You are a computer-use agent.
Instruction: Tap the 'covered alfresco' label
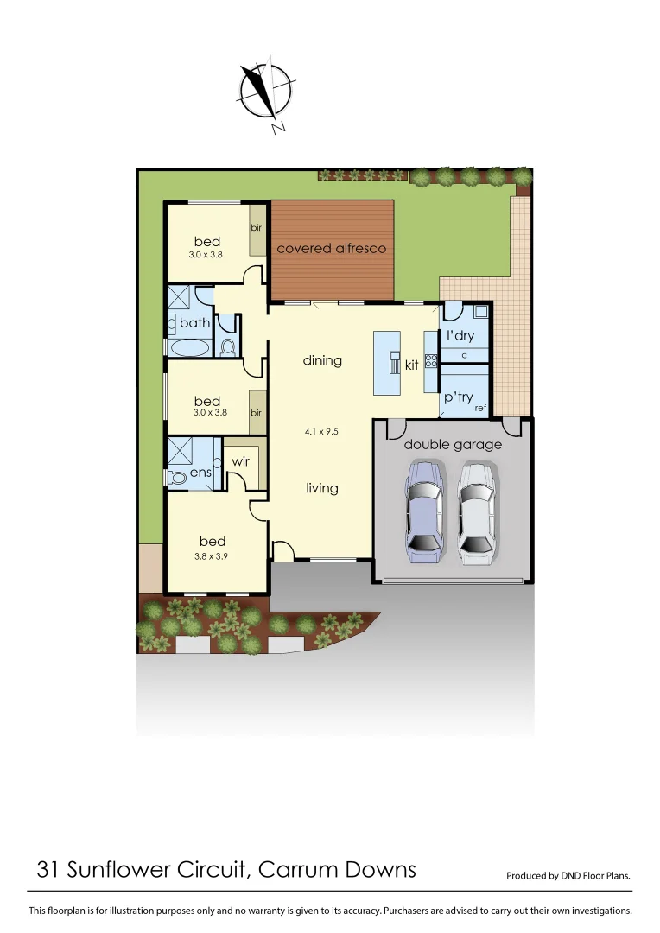(x=331, y=249)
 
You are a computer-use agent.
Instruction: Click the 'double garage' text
(x=453, y=445)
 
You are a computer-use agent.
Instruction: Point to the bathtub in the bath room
(x=188, y=348)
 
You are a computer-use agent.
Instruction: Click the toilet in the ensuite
(x=178, y=478)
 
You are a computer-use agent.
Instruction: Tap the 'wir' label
(x=240, y=462)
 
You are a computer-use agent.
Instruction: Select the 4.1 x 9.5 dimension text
(x=321, y=430)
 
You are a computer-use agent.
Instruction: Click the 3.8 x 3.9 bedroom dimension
(x=212, y=557)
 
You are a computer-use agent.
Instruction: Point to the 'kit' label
(x=412, y=365)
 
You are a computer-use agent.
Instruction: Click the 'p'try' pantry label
(x=459, y=397)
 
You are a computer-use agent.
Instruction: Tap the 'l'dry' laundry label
(x=460, y=335)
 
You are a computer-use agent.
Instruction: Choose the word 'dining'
(x=322, y=360)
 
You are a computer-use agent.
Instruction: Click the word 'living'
(x=321, y=488)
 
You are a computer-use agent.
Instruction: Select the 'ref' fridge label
(x=480, y=407)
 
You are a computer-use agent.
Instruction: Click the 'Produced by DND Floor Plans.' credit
(x=568, y=875)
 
